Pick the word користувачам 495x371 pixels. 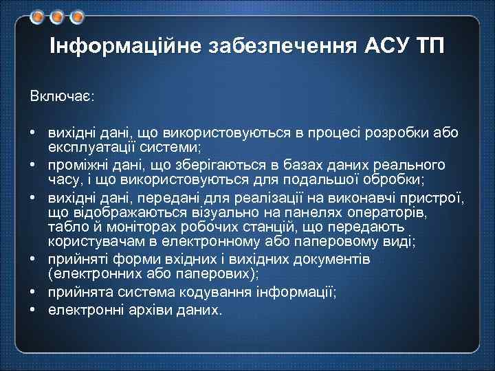[90, 243]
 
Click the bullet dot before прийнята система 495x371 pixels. [33, 293]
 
